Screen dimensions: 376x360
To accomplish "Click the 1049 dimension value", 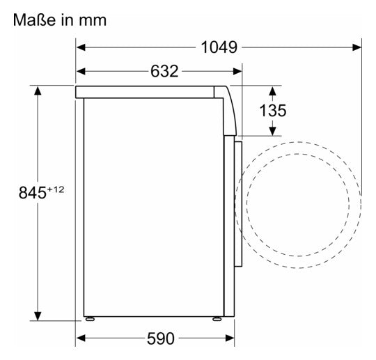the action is click(219, 47).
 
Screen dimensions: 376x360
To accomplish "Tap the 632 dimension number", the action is click(164, 71).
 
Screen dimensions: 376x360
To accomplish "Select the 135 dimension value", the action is click(273, 111).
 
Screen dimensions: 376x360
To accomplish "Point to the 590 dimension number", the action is click(161, 338).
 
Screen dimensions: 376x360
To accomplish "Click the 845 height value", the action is click(32, 193).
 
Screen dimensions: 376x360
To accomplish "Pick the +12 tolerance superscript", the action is click(56, 189).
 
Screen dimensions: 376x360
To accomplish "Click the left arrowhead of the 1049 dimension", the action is click(81, 47).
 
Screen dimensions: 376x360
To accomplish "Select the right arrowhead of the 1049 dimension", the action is click(357, 47).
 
